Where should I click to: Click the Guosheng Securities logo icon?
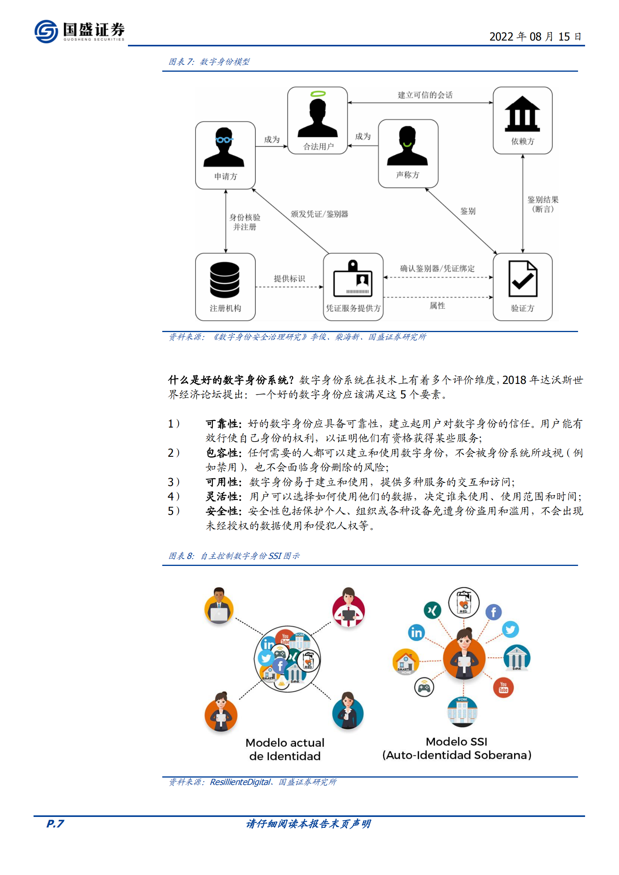(46, 32)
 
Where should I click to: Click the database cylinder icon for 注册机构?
(225, 279)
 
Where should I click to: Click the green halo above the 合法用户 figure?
(318, 94)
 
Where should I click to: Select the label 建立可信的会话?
(425, 95)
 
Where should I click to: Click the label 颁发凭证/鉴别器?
(319, 214)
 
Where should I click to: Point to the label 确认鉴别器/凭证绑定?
(437, 269)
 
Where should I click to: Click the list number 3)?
(174, 482)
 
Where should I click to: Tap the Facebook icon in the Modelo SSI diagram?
(493, 612)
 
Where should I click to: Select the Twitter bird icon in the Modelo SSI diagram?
(510, 629)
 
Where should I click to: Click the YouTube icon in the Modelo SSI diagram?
(503, 688)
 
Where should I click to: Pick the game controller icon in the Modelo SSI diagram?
(424, 688)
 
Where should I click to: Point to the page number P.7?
(55, 824)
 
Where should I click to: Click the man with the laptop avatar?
(219, 607)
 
